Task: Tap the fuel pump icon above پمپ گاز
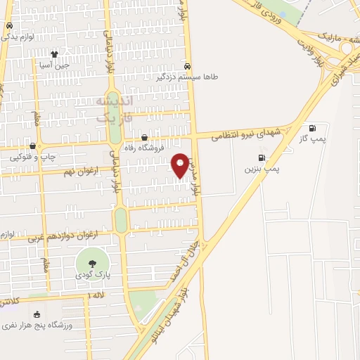click(x=312, y=128)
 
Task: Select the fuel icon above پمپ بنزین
click(x=262, y=158)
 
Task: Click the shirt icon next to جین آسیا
click(x=55, y=53)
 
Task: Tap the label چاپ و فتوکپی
click(x=27, y=157)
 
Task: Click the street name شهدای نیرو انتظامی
click(x=249, y=131)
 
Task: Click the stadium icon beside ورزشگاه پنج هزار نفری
click(x=37, y=314)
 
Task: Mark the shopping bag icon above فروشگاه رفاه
click(x=145, y=138)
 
